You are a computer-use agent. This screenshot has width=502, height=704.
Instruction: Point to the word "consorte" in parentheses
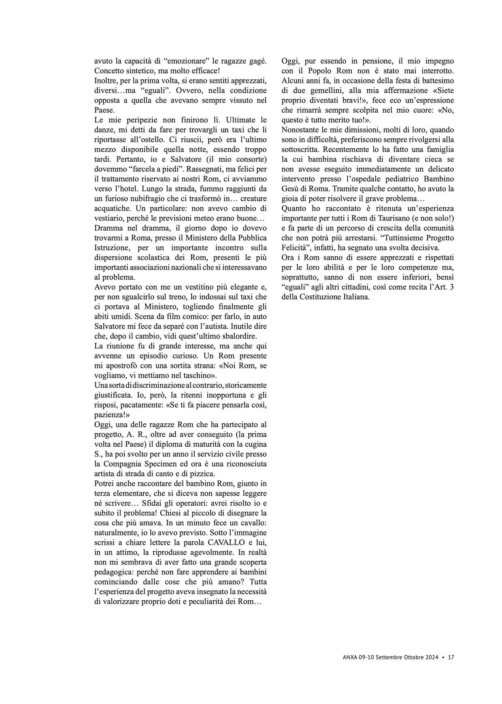pos(250,159)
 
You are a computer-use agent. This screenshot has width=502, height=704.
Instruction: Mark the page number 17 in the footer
pos(451,657)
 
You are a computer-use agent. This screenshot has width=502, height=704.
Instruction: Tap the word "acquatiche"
pos(113,208)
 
